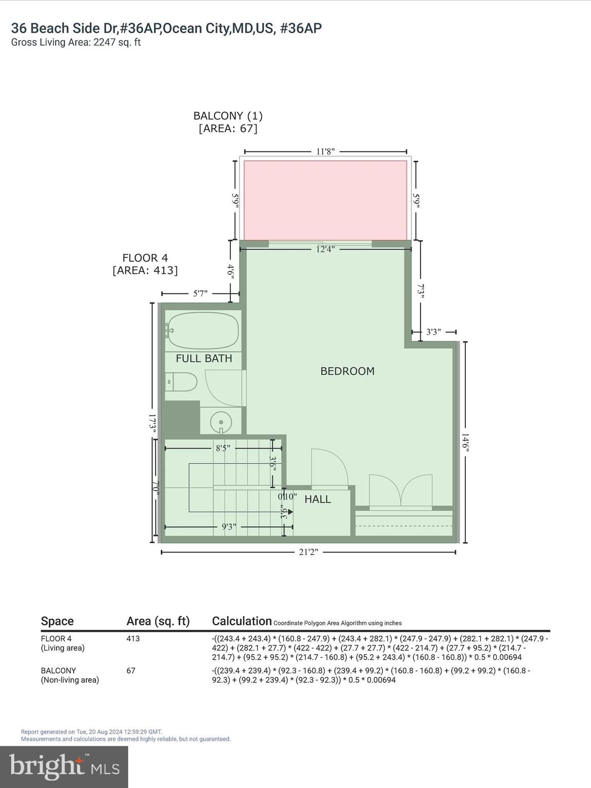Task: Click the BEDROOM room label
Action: point(347,371)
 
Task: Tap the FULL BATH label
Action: point(204,359)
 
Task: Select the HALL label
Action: point(318,499)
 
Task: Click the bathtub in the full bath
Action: point(203,331)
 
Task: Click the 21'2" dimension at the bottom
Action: point(308,552)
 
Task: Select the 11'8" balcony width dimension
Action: point(325,151)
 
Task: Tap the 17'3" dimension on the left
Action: point(152,424)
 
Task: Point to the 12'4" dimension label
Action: point(325,249)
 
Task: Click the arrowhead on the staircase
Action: point(290,511)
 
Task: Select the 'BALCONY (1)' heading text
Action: point(228,116)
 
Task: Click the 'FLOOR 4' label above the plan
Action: point(145,258)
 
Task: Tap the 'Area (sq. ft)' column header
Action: point(158,621)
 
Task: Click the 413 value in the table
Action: point(133,639)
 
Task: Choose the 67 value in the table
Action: point(131,671)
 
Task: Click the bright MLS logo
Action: point(64,767)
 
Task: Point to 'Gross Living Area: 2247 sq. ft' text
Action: point(76,43)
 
